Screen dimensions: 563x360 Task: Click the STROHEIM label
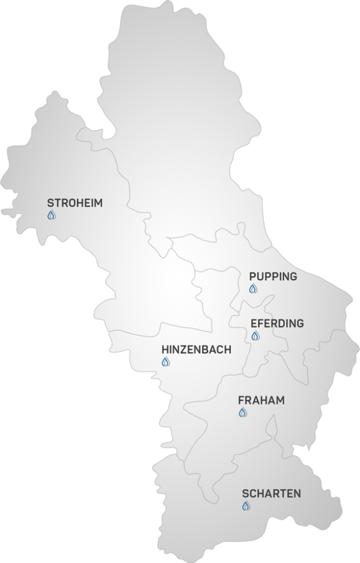click(74, 203)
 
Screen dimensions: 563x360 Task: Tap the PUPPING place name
click(273, 276)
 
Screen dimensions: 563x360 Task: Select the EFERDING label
click(277, 323)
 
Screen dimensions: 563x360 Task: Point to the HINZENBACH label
click(196, 349)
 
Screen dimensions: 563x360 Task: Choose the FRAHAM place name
click(261, 400)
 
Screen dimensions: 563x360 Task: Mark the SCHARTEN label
click(271, 493)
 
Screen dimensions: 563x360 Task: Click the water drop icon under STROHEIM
click(51, 215)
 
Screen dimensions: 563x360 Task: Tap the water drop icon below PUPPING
click(253, 289)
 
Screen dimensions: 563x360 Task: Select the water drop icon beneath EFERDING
click(255, 336)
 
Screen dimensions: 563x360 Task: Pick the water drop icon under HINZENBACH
click(166, 362)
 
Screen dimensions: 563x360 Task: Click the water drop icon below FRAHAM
click(242, 412)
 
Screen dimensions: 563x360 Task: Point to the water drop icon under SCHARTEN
click(245, 506)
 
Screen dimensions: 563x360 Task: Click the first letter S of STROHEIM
click(50, 203)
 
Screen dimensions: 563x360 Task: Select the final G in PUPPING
click(293, 276)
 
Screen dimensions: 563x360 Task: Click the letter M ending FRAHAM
click(280, 400)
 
